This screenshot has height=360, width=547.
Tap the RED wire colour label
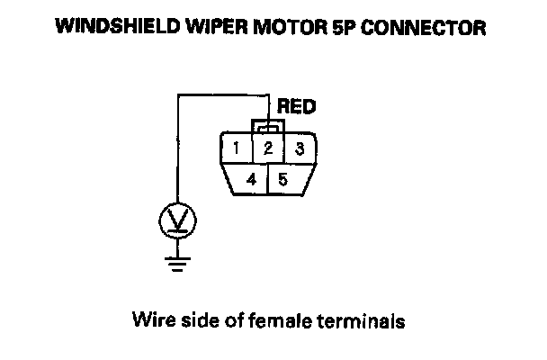coord(297,107)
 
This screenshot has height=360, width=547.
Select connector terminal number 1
coord(236,148)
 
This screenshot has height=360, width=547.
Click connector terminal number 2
coord(268,148)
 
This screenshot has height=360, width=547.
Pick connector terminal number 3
coord(300,148)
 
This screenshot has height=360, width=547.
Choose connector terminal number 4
coord(253,179)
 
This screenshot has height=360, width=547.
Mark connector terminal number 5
coord(283,179)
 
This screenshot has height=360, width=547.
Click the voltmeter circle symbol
coord(177,219)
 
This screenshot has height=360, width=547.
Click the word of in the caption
coord(228,319)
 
